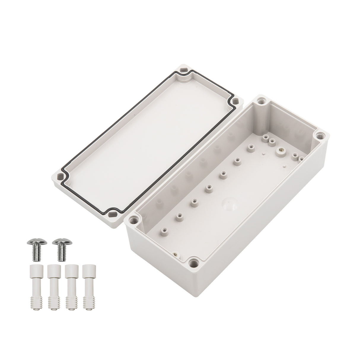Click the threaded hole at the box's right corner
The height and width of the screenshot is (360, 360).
click(x=320, y=136)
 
